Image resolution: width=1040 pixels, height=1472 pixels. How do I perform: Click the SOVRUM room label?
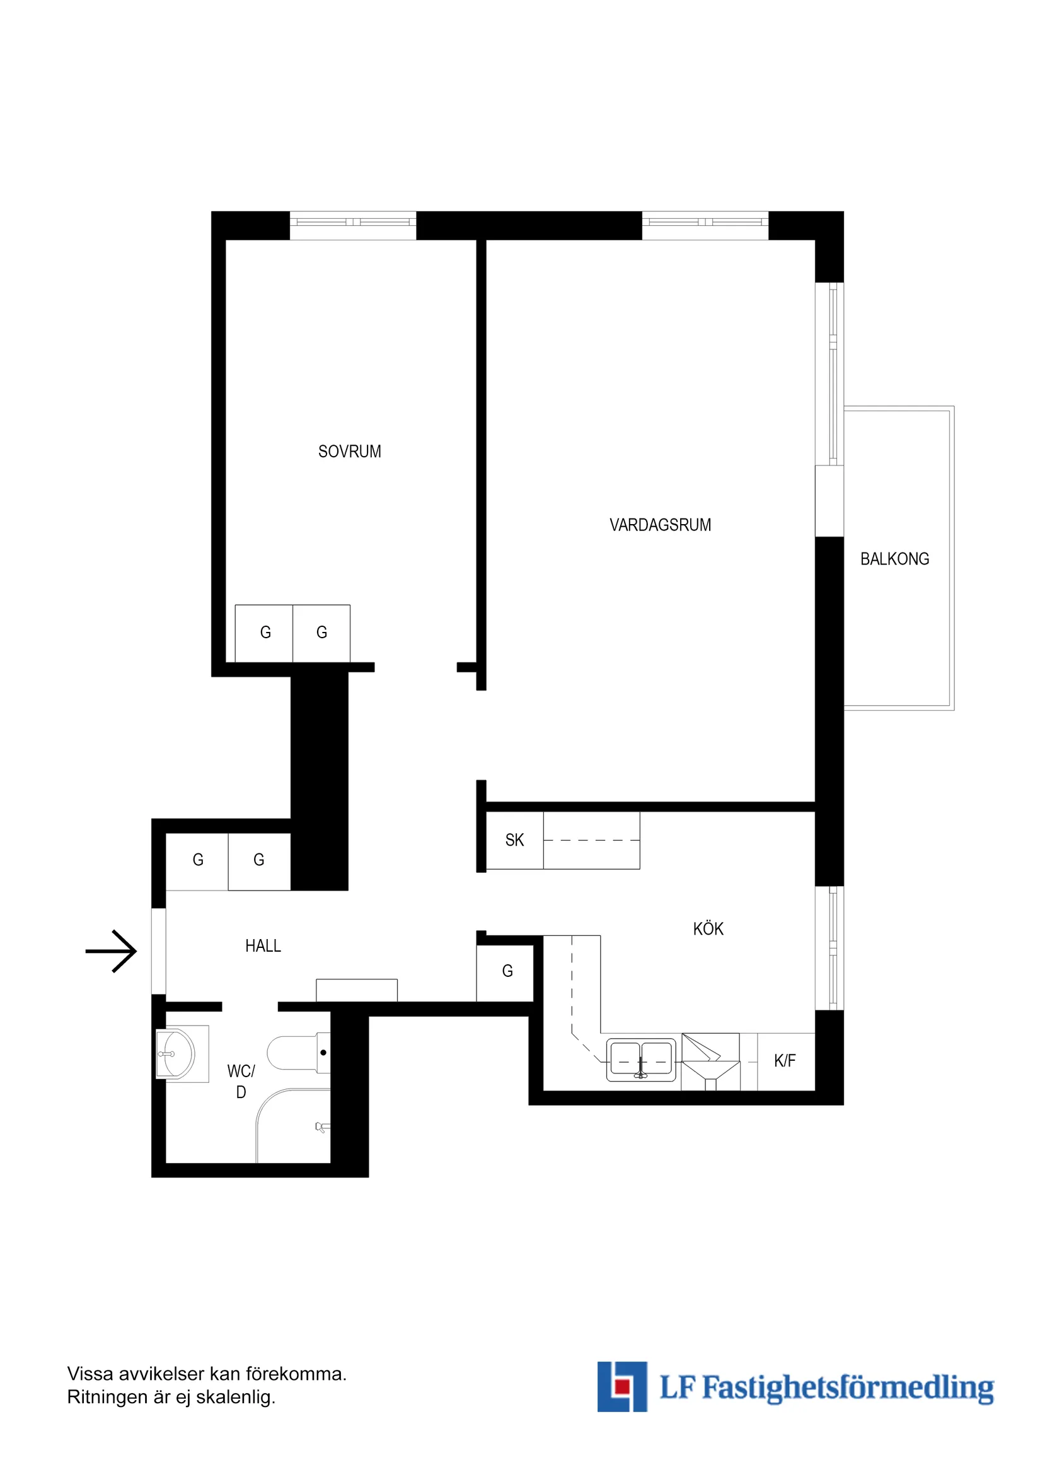[x=349, y=452]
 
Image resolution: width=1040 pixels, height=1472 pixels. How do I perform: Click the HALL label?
[x=263, y=945]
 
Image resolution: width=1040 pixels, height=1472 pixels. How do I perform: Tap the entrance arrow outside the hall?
[x=112, y=952]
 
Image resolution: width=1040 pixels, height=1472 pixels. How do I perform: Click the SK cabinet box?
[x=514, y=841]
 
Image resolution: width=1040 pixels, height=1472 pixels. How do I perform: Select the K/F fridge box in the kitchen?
[x=785, y=1061]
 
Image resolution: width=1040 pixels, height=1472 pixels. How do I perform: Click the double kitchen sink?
[x=641, y=1060]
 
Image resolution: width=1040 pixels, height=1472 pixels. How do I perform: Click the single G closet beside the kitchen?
[x=507, y=971]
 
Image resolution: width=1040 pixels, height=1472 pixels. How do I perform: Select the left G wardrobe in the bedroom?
[x=265, y=633]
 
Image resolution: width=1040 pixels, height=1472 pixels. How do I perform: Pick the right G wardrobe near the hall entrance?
[x=259, y=860]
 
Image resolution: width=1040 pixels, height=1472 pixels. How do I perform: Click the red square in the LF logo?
[x=620, y=1387]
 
